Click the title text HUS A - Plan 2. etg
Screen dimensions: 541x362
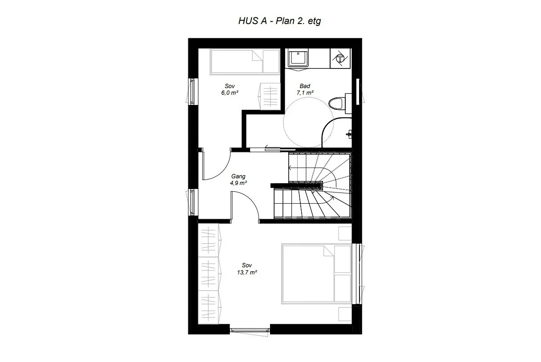pyautogui.click(x=280, y=21)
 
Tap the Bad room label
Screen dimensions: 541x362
pyautogui.click(x=305, y=86)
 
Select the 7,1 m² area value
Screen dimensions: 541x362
pyautogui.click(x=305, y=93)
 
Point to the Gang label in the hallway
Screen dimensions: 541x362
pyautogui.click(x=238, y=176)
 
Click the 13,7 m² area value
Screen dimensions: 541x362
pyautogui.click(x=247, y=273)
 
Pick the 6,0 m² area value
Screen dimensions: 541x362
pyautogui.click(x=230, y=93)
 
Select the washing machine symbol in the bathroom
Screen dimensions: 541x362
pyautogui.click(x=340, y=58)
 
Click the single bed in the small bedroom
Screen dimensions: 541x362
pyautogui.click(x=245, y=61)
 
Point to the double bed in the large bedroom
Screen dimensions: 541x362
pyautogui.click(x=316, y=274)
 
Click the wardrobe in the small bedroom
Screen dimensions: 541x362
pyautogui.click(x=270, y=97)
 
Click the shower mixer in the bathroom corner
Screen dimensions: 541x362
pyautogui.click(x=349, y=134)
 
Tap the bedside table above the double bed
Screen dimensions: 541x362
pyautogui.click(x=345, y=233)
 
